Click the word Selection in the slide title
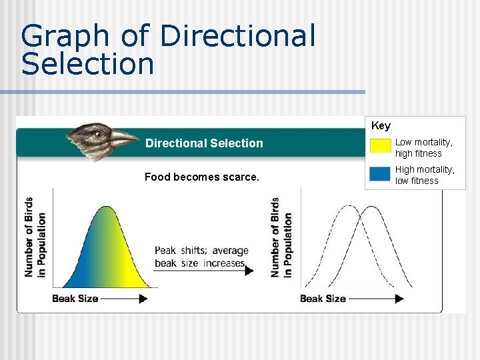(87, 64)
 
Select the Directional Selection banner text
(204, 143)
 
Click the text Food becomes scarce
(202, 177)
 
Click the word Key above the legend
(381, 125)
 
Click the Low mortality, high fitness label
(424, 148)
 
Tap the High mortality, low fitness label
(425, 175)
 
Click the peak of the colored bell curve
(107, 208)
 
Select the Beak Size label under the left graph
(75, 299)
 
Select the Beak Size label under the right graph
(323, 299)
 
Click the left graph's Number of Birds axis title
(35, 237)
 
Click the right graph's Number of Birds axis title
(281, 237)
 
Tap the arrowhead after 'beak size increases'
(250, 271)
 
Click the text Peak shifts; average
(201, 251)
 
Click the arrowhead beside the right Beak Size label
(399, 299)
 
